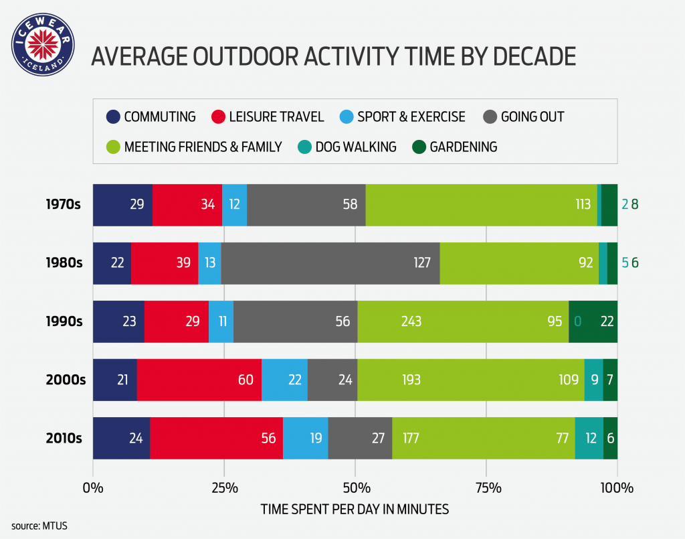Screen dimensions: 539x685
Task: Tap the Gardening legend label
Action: pyautogui.click(x=464, y=147)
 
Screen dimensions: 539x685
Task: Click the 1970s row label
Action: pyautogui.click(x=64, y=204)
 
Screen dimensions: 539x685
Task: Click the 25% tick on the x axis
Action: pyautogui.click(x=224, y=487)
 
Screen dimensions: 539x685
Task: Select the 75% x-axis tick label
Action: pyautogui.click(x=486, y=487)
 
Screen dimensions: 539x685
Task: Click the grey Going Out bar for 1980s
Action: pyautogui.click(x=330, y=262)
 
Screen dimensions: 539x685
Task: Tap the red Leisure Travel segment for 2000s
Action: pyautogui.click(x=199, y=380)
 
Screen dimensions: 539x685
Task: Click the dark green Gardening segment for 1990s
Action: pyautogui.click(x=593, y=321)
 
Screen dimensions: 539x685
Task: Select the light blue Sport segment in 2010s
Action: pyautogui.click(x=305, y=439)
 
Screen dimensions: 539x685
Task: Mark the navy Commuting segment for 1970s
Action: pyautogui.click(x=122, y=204)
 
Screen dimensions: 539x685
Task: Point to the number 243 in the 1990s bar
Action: pyautogui.click(x=411, y=321)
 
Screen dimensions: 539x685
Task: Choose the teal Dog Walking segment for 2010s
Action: pyautogui.click(x=589, y=439)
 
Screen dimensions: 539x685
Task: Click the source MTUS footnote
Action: pyautogui.click(x=39, y=526)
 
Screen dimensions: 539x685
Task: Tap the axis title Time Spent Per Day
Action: pyautogui.click(x=355, y=509)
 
